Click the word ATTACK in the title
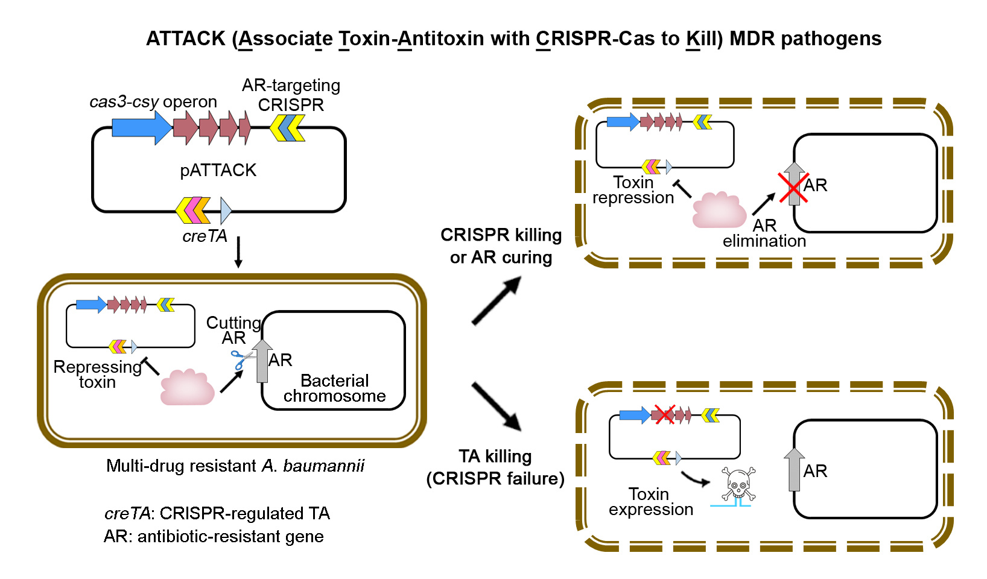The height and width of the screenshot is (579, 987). pyautogui.click(x=186, y=39)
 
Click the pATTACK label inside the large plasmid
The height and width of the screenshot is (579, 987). pyautogui.click(x=218, y=170)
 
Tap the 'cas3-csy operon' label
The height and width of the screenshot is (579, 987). pyautogui.click(x=153, y=102)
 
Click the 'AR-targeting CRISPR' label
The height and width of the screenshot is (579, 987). pyautogui.click(x=291, y=95)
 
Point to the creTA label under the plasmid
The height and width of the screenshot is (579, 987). pyautogui.click(x=205, y=236)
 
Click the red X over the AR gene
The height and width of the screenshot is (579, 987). pyautogui.click(x=793, y=188)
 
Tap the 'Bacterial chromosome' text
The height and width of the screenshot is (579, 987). pyautogui.click(x=334, y=388)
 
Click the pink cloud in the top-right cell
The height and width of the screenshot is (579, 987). pyautogui.click(x=719, y=210)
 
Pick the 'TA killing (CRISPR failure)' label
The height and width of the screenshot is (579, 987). pyautogui.click(x=495, y=467)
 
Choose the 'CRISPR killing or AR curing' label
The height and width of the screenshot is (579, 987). pyautogui.click(x=501, y=246)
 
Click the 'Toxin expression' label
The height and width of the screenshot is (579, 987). pyautogui.click(x=650, y=502)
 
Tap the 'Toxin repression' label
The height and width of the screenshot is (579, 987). pyautogui.click(x=633, y=190)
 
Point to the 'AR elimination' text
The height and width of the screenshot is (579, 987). pyautogui.click(x=764, y=233)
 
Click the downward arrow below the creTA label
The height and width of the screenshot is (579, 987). pyautogui.click(x=238, y=252)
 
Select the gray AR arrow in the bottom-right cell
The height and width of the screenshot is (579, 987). pyautogui.click(x=794, y=469)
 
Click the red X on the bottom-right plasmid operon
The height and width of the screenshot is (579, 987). pyautogui.click(x=664, y=414)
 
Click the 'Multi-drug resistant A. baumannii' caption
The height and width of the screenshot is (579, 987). pyautogui.click(x=235, y=466)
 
